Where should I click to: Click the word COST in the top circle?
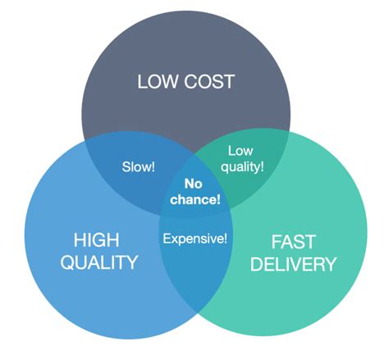209,81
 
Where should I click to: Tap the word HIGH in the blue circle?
96,240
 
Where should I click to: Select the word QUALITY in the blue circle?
98,262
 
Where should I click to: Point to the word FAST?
293,242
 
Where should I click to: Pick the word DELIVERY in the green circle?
293,264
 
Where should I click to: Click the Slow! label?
139,166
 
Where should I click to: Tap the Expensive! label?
195,239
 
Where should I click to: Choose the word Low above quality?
240,151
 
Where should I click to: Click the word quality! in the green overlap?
242,166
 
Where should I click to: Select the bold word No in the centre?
194,184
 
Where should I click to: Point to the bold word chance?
195,199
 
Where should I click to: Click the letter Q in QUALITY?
67,262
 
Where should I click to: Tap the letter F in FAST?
276,242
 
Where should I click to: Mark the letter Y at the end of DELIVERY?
329,264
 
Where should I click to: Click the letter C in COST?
190,81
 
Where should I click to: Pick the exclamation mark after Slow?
153,166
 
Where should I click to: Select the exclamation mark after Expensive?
225,239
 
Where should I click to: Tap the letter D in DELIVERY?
257,264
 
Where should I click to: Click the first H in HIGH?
80,240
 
